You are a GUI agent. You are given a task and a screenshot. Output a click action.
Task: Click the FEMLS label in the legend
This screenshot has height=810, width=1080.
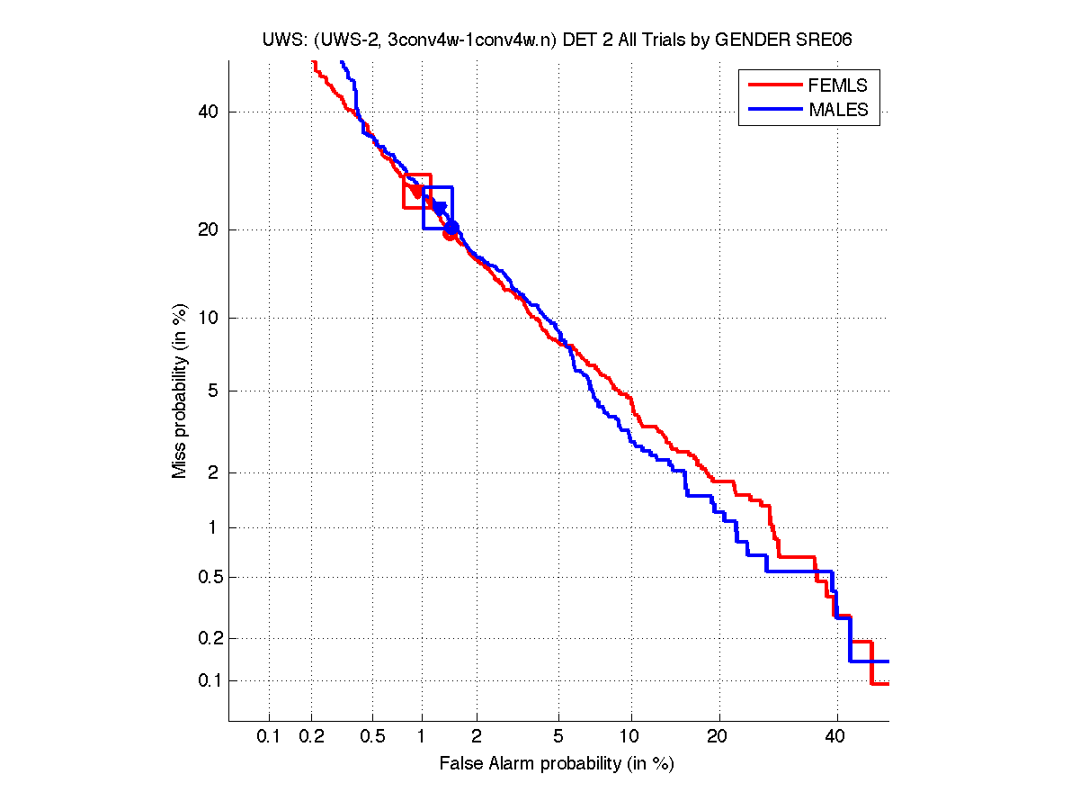(x=838, y=85)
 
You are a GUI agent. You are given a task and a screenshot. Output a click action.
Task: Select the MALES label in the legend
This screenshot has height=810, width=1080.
(x=838, y=110)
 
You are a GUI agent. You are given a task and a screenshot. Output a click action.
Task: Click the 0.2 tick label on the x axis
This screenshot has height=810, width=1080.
(x=312, y=737)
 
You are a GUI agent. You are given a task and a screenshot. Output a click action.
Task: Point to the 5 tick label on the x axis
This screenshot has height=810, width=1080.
(x=558, y=737)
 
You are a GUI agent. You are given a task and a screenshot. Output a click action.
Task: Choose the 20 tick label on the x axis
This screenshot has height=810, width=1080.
(x=717, y=737)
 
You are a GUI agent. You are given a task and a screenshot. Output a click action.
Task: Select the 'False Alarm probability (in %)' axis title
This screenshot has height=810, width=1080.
(x=557, y=764)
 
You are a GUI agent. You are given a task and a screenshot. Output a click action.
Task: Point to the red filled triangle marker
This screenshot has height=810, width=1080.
(x=416, y=191)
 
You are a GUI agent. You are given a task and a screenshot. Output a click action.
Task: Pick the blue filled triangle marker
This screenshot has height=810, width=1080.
(x=439, y=208)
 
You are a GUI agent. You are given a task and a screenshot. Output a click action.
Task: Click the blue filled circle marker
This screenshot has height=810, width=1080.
(x=452, y=228)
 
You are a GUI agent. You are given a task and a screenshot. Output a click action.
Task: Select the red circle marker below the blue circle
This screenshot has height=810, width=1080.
(x=449, y=236)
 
